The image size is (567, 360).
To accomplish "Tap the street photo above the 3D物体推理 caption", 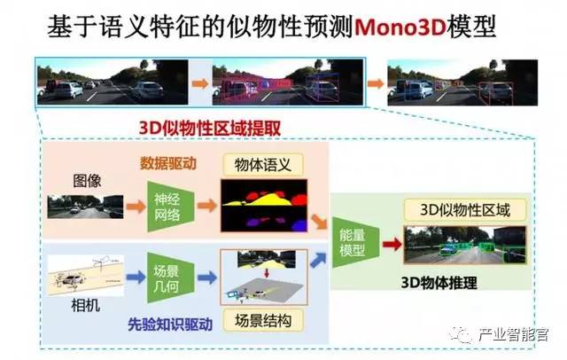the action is (x=462, y=246).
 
